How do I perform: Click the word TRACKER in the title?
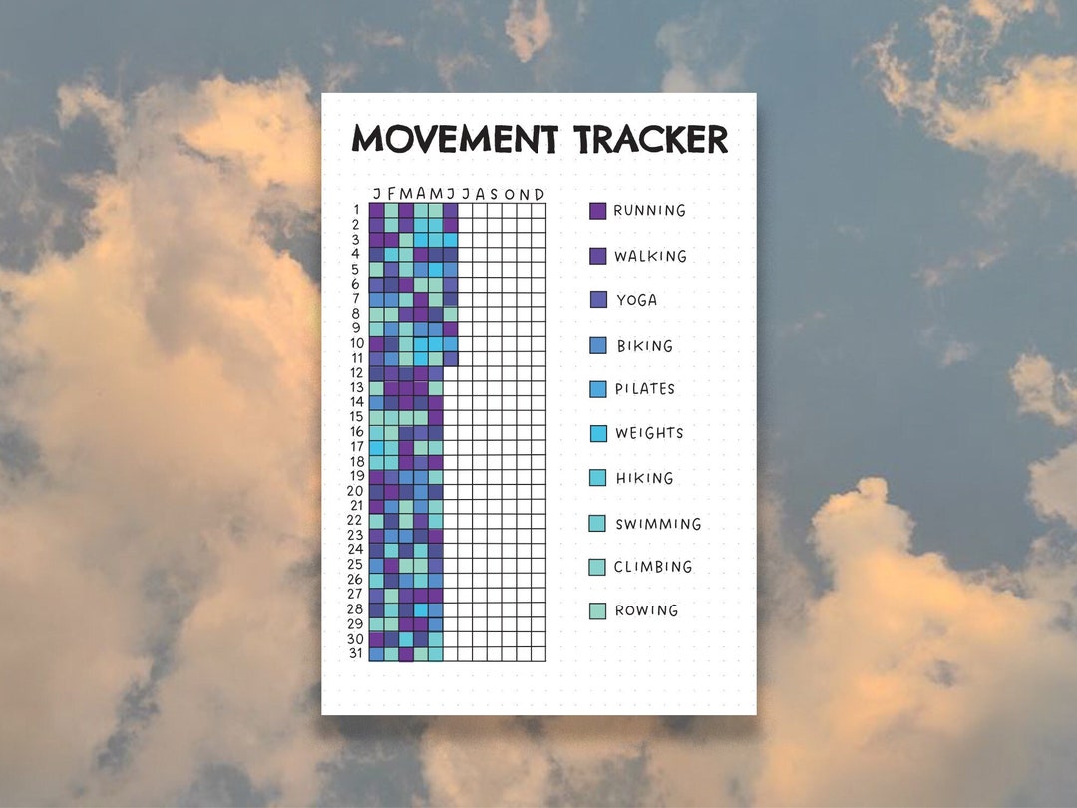650,139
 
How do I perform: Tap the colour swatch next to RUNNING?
598,211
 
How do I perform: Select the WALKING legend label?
650,256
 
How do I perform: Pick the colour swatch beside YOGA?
598,300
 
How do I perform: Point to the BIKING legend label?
644,346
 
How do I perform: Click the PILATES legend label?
645,389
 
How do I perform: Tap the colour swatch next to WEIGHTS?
598,434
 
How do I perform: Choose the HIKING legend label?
644,478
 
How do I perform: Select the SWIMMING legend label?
658,524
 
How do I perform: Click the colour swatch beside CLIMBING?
598,567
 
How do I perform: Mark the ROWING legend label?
646,610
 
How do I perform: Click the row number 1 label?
357,210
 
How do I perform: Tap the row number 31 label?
355,654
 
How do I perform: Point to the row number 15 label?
355,417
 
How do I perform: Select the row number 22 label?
355,521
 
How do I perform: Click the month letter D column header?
539,194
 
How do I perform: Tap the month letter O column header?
510,194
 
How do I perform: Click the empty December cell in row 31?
539,654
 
